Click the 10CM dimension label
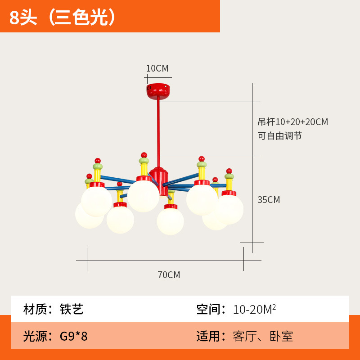point(157,68)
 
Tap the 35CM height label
point(269,200)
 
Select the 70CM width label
point(169,274)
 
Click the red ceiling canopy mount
point(158,90)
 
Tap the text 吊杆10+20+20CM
point(292,122)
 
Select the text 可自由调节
point(279,135)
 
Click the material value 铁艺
point(72,309)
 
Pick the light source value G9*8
point(74,336)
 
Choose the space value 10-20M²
point(254,309)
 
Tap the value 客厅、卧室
point(263,336)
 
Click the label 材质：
point(38,309)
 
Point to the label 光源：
point(38,336)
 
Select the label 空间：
point(211,309)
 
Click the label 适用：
point(211,336)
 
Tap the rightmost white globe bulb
point(230,209)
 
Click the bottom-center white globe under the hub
point(170,221)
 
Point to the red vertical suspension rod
point(158,130)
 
